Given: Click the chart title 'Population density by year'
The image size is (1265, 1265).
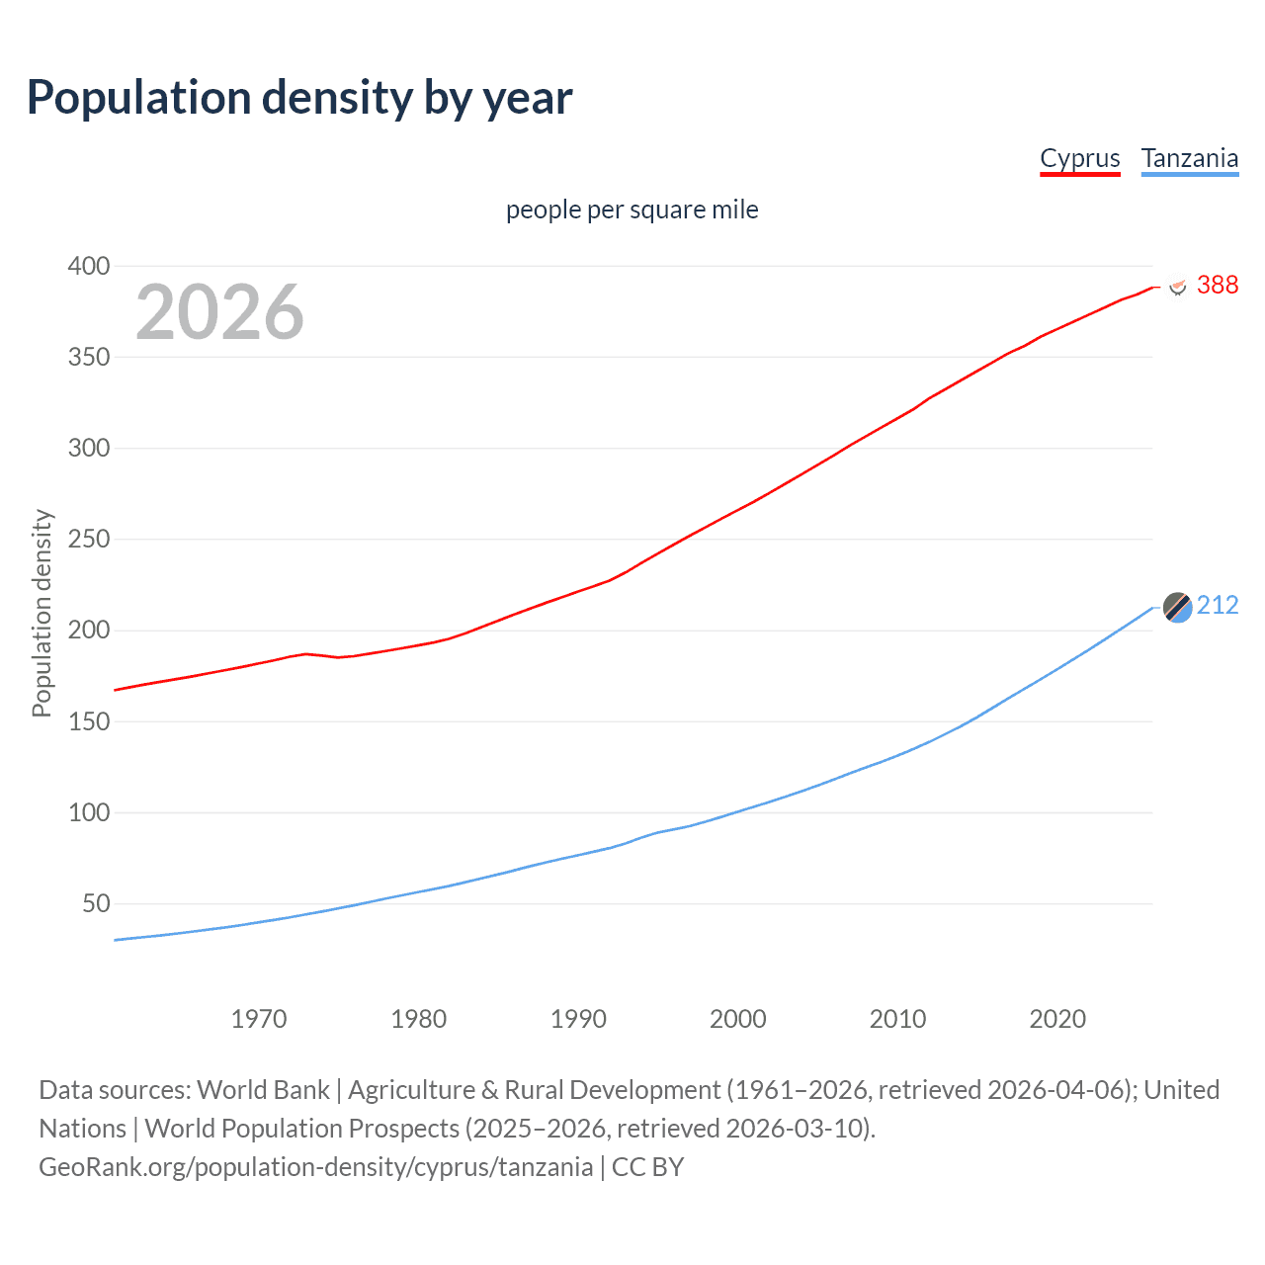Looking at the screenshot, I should pos(299,98).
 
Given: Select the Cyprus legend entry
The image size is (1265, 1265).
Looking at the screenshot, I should pos(1079,159).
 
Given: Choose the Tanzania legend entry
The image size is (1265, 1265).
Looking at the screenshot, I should pos(1189,159).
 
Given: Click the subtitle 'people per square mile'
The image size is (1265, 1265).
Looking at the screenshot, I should pos(632,210).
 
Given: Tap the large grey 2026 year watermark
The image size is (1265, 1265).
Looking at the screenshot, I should pos(219,312).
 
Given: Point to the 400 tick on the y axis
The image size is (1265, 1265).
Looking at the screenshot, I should pos(88,266).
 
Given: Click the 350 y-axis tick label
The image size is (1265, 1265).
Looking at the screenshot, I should pos(88,357).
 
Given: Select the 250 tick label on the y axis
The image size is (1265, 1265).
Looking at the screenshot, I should pos(88,540).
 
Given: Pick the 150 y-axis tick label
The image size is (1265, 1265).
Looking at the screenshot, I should pos(88,721).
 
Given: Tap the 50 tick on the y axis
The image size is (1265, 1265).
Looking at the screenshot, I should pos(95,903).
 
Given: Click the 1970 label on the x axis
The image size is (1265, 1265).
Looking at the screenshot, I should pos(258,1019).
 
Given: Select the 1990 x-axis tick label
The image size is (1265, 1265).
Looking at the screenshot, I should pos(578,1019).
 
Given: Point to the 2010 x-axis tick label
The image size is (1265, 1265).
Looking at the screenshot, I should pos(897,1019).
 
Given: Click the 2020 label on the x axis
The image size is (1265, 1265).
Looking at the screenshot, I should pos(1057,1019).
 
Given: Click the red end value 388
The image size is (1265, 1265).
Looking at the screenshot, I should pos(1217,286).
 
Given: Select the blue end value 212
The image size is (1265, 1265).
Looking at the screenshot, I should pos(1217,606).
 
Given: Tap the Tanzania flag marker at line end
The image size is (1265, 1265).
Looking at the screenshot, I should pos(1177,607).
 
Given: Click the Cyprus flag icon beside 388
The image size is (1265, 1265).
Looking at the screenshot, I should pos(1177,287).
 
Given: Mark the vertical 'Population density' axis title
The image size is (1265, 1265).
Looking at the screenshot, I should pos(42,613).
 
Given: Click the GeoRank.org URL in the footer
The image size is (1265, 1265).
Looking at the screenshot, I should pos(315,1167).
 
